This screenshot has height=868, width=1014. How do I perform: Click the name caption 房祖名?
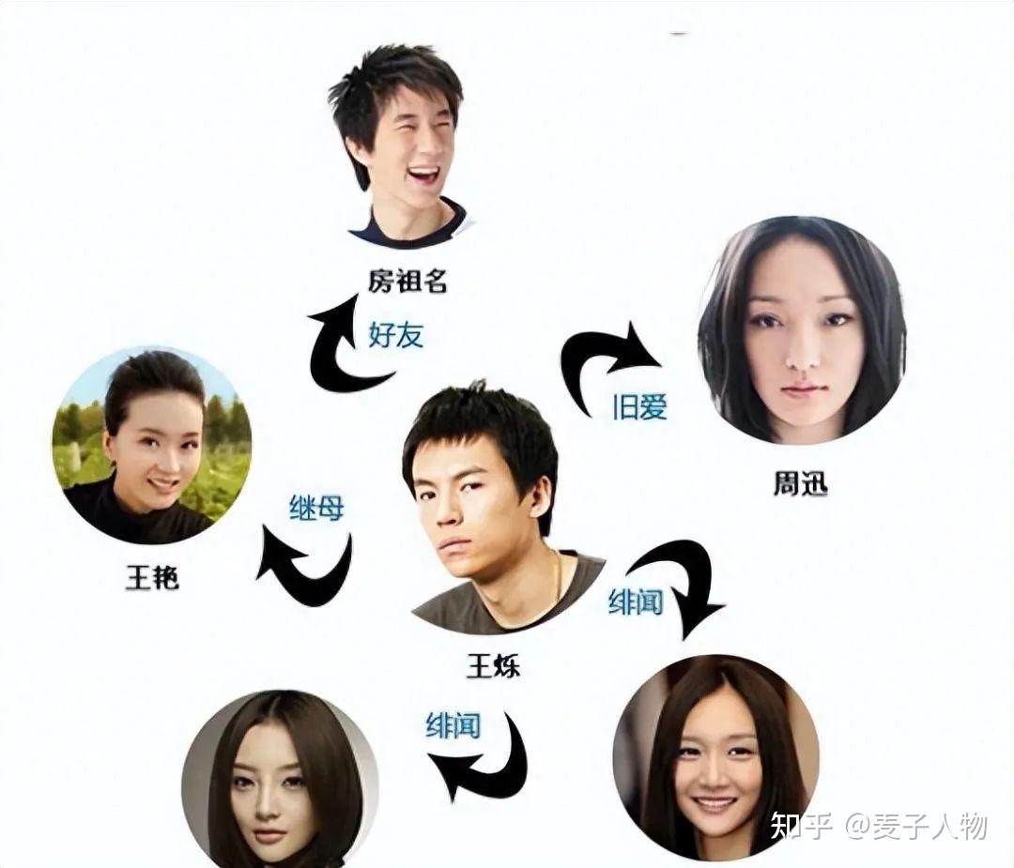tap(407, 280)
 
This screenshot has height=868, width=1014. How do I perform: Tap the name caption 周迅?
tap(800, 485)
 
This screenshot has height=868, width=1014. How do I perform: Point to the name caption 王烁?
tap(493, 667)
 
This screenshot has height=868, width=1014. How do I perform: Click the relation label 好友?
tap(395, 334)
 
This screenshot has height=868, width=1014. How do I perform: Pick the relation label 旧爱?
tap(639, 405)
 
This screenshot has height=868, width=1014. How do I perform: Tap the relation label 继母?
tap(316, 508)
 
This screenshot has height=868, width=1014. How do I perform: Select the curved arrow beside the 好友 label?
tap(343, 347)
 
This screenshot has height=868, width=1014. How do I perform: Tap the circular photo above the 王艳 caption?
tap(152, 447)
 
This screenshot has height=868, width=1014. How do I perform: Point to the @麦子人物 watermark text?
tap(915, 826)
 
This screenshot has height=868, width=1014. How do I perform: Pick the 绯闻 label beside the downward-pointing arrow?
tap(636, 602)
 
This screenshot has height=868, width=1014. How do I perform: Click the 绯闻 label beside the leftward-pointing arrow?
tap(453, 724)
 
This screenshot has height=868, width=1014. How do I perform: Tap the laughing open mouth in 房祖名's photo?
tap(421, 175)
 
